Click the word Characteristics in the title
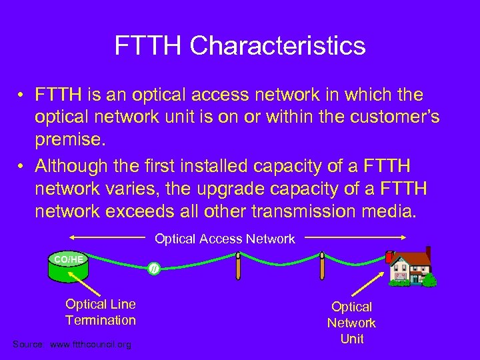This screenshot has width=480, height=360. tap(277, 46)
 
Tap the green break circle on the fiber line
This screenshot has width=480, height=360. tap(154, 269)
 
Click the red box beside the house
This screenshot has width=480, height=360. tap(389, 257)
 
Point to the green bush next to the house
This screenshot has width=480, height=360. tap(431, 278)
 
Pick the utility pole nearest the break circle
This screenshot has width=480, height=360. tap(238, 273)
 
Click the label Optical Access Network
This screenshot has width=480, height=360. tap(225, 239)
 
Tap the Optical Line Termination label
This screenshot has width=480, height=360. tap(101, 312)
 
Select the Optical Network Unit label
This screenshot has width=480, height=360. tap(351, 323)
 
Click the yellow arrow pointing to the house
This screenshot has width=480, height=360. tap(374, 284)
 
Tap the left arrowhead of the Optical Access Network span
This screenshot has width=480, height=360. tap(71, 237)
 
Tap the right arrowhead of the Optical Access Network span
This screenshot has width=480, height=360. tap(403, 237)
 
